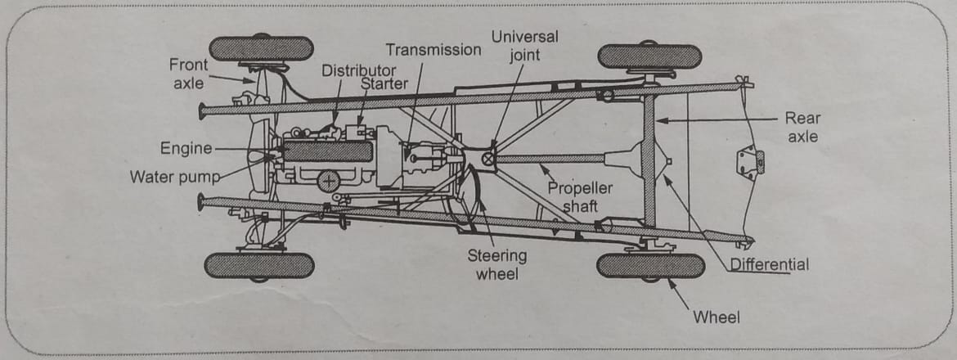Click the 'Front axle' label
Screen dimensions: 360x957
pyautogui.click(x=188, y=73)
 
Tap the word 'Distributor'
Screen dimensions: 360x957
pyautogui.click(x=358, y=70)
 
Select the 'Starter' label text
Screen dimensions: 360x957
pyautogui.click(x=384, y=83)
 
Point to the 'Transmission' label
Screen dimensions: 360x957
pyautogui.click(x=434, y=50)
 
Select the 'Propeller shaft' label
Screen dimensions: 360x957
pyautogui.click(x=580, y=197)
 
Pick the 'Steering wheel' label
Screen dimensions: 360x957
pyautogui.click(x=496, y=263)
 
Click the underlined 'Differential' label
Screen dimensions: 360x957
pyautogui.click(x=769, y=264)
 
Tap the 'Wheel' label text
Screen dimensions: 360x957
pyautogui.click(x=716, y=317)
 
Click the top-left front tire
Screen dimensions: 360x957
pyautogui.click(x=261, y=49)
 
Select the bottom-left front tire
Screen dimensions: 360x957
pyautogui.click(x=258, y=265)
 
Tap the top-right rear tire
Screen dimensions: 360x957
pyautogui.click(x=649, y=56)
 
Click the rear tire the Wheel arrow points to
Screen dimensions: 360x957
pyautogui.click(x=650, y=266)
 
